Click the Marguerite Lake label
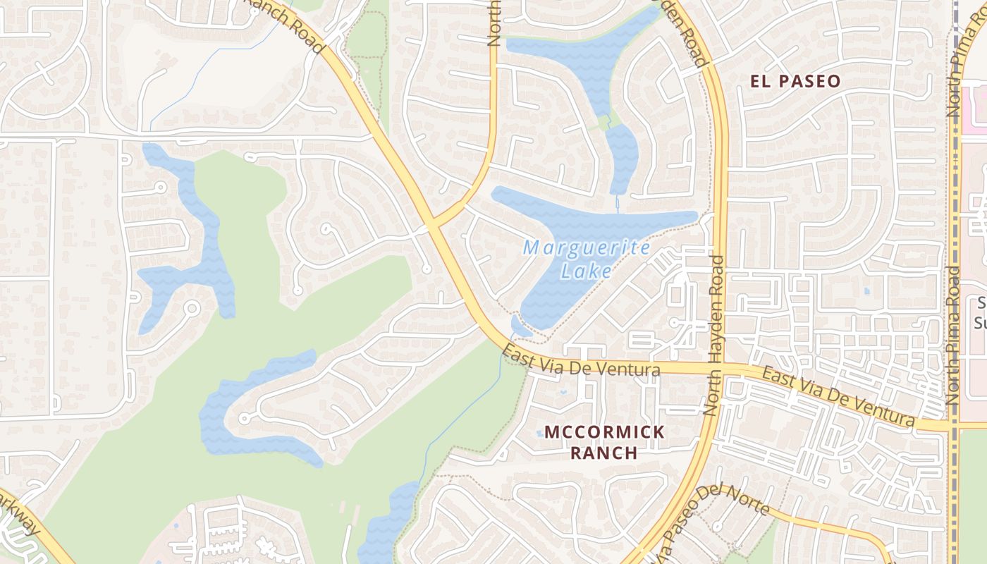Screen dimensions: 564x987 click(x=587, y=259)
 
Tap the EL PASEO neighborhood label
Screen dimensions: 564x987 click(x=795, y=81)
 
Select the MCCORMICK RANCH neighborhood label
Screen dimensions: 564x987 click(x=603, y=441)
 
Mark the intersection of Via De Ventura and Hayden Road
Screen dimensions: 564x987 click(x=721, y=369)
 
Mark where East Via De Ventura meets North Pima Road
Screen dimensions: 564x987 click(x=953, y=426)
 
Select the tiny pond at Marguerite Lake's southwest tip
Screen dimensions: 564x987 click(x=520, y=327)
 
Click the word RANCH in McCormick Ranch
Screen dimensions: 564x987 click(x=603, y=452)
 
